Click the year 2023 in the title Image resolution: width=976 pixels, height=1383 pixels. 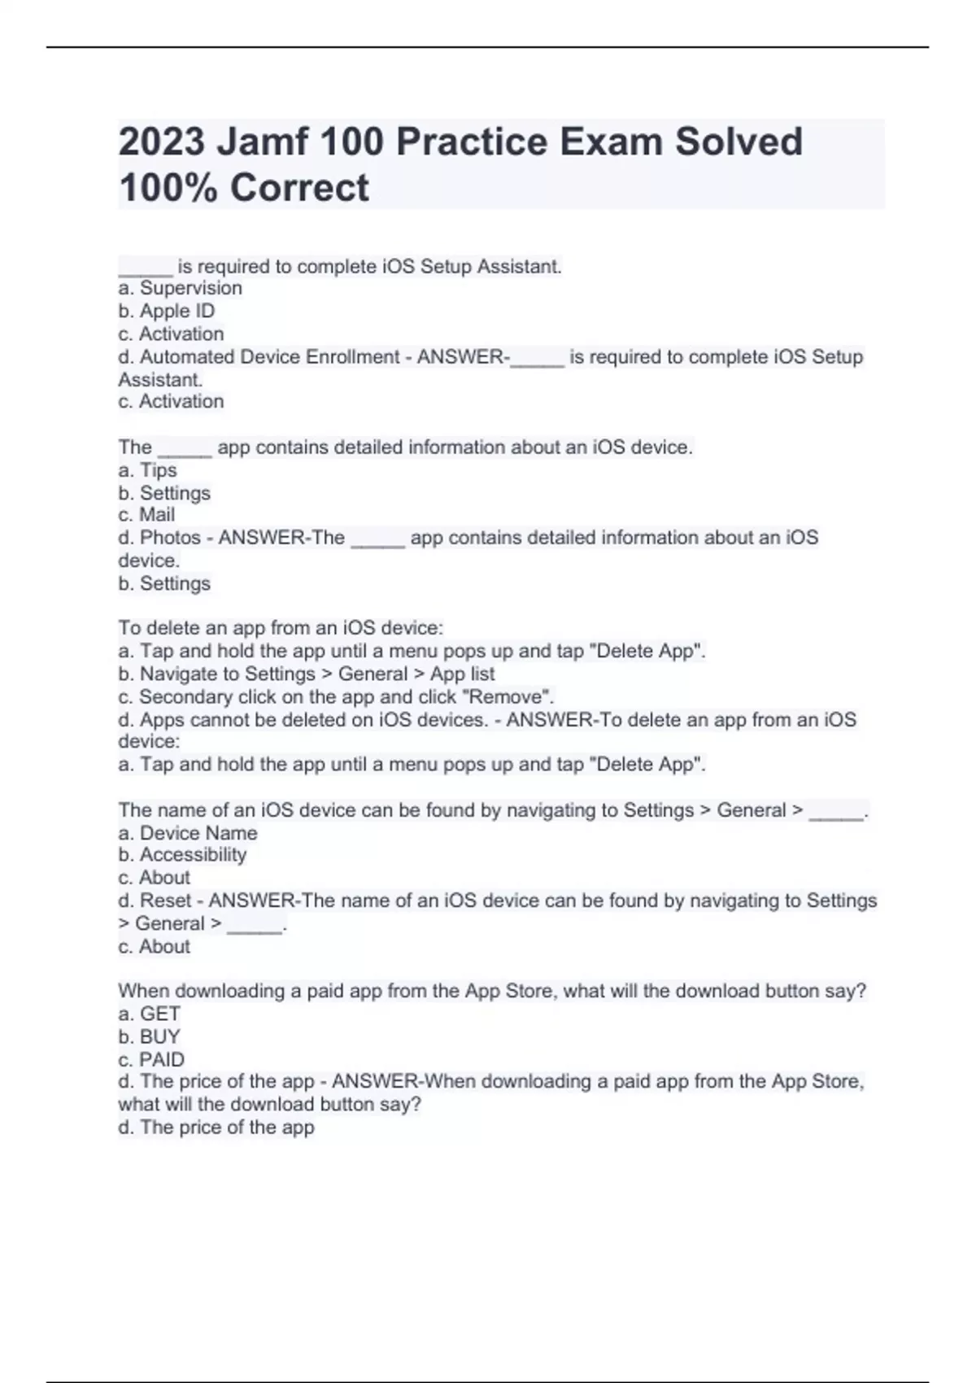[x=161, y=142]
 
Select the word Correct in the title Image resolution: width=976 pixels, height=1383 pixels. [x=299, y=188]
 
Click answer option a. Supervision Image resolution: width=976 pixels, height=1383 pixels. [x=180, y=288]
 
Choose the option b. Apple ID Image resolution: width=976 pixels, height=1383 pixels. [x=167, y=311]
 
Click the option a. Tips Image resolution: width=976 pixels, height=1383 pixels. [x=147, y=470]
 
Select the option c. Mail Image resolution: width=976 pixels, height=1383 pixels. [x=146, y=515]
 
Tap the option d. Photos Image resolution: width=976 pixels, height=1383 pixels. [x=159, y=538]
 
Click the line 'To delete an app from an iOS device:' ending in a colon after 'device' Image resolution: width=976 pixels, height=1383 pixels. [x=281, y=628]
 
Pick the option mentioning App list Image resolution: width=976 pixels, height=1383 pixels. [x=307, y=674]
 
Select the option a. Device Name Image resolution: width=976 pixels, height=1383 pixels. [x=188, y=833]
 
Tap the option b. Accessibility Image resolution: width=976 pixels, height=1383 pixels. [x=182, y=855]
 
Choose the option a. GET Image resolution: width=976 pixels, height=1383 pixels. [x=149, y=1014]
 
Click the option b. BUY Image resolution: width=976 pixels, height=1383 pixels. [x=149, y=1036]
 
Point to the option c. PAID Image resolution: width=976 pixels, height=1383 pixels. [x=151, y=1059]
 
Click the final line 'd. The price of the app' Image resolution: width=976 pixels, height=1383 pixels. [x=216, y=1128]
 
